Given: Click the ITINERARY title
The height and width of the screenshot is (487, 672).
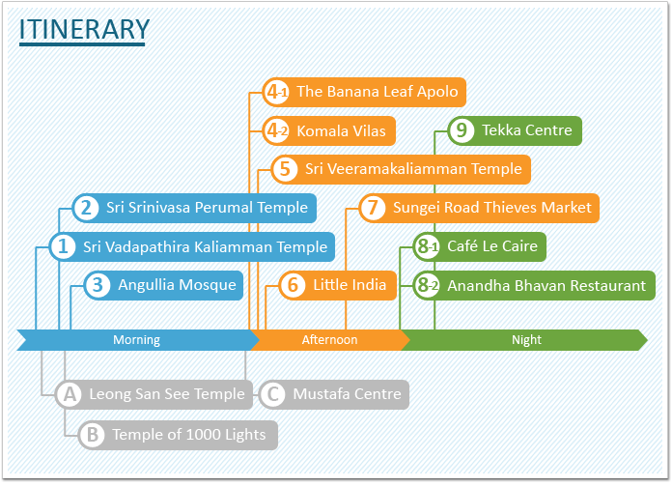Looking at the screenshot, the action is tap(84, 29).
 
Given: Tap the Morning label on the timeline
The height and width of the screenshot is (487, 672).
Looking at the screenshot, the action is tap(136, 340).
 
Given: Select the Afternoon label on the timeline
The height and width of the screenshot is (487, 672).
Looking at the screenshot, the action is tap(329, 340).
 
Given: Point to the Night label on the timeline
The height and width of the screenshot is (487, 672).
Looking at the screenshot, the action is tap(526, 340).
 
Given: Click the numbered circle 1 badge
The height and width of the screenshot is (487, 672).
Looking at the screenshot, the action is tap(63, 246).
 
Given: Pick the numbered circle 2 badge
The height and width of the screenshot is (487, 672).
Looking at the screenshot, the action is tap(86, 208).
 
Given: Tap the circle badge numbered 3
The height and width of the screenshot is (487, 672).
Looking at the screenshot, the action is tap(98, 285).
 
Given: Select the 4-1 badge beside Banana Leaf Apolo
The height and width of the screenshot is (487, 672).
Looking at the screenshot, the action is tap(276, 92).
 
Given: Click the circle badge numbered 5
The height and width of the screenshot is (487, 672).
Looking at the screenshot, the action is tap(285, 169).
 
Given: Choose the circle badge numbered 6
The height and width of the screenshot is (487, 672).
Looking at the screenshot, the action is tap(293, 285).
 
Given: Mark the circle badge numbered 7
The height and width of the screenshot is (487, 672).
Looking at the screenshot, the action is tap(373, 208).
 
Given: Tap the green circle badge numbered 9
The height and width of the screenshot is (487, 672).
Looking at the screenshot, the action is tap(462, 130).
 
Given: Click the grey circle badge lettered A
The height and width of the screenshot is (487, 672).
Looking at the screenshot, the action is tap(70, 394).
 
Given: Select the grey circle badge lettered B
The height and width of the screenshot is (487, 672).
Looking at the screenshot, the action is tap(92, 435).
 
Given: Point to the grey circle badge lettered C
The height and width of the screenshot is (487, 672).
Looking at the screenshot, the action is tap(273, 394).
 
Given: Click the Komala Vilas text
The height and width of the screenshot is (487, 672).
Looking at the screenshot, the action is tap(341, 130).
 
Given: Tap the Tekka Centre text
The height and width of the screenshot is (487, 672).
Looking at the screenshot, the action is tap(527, 130).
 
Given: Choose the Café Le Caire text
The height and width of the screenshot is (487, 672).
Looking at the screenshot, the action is tap(492, 245).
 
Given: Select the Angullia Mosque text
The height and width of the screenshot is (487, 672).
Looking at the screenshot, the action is tap(177, 285).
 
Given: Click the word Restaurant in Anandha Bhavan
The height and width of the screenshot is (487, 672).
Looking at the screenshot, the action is tap(608, 285).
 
